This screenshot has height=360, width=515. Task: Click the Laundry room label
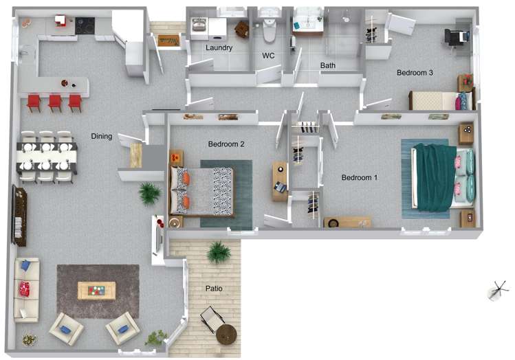click(x=219, y=48)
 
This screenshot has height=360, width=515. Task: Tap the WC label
click(x=268, y=56)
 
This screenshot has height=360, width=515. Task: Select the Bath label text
click(x=327, y=65)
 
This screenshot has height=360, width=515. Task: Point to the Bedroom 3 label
click(x=415, y=73)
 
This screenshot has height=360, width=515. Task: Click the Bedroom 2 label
click(x=226, y=144)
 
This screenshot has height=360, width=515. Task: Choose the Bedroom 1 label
click(x=360, y=177)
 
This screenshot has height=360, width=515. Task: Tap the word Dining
click(x=102, y=136)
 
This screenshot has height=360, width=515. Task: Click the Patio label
click(x=214, y=289)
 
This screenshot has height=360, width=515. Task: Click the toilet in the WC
click(x=270, y=30)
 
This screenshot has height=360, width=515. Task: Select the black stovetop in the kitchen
click(x=85, y=26)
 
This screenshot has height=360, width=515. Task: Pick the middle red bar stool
click(x=55, y=102)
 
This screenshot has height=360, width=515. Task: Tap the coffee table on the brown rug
click(x=96, y=291)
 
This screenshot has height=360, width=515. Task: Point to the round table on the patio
click(x=226, y=335)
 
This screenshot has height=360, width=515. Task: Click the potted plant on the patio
click(x=219, y=252)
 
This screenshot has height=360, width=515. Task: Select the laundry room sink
click(x=199, y=25)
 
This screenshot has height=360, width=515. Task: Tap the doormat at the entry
click(x=169, y=41)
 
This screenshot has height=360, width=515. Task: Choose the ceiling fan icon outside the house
click(x=498, y=291)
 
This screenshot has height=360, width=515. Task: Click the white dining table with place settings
click(x=47, y=157)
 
